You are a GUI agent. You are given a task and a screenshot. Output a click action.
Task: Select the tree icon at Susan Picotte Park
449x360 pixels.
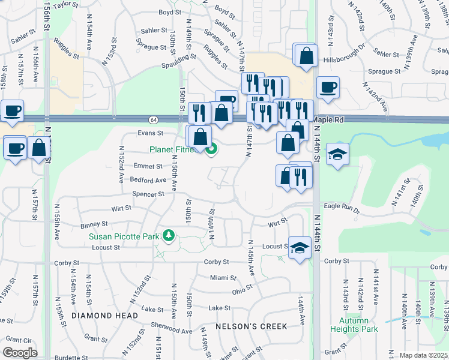coord(169,236)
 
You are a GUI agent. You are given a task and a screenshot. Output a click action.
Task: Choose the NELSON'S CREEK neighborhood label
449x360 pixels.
coord(252,326)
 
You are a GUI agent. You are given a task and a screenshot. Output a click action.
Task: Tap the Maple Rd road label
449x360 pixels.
coord(328,120)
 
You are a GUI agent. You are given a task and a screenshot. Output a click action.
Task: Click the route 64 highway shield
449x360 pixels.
coord(154,119)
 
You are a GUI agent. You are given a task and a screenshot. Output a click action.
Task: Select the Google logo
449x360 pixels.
coord(20,353)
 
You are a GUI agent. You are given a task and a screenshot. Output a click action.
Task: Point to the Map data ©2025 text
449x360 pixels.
coord(423,355)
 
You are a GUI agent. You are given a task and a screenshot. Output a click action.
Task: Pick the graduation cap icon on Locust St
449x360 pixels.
coord(299,247)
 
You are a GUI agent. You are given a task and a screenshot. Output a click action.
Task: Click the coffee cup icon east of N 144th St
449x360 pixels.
coord(328,88)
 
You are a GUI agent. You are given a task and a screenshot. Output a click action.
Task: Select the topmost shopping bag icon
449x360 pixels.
coord(306,55)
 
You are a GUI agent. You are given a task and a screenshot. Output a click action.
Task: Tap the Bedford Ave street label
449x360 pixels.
coord(148,180)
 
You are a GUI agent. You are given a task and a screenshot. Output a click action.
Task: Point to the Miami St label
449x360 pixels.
coord(223,278)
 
